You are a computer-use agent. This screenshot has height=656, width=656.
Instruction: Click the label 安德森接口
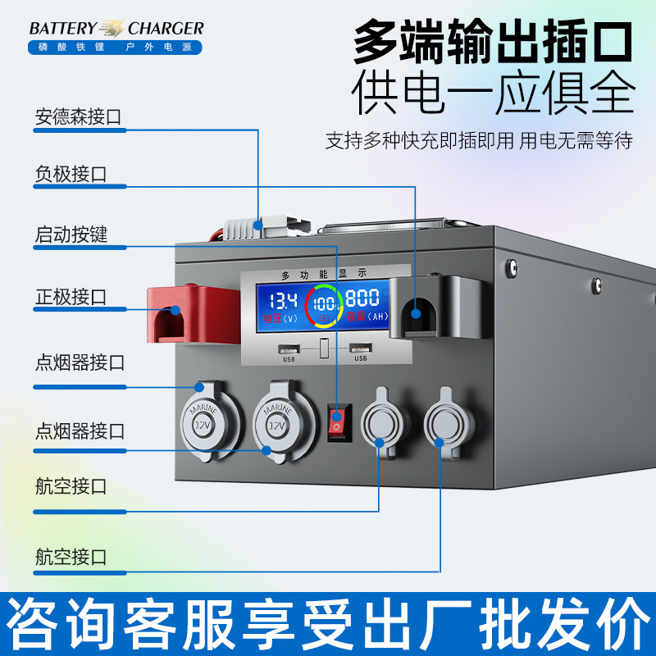click(x=78, y=116)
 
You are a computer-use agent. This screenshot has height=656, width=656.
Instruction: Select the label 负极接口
click(x=71, y=175)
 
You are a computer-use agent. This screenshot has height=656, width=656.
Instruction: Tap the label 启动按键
click(x=71, y=235)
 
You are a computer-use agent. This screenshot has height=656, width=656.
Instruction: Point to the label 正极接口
click(x=71, y=296)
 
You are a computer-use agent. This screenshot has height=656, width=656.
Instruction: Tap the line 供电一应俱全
click(x=494, y=93)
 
